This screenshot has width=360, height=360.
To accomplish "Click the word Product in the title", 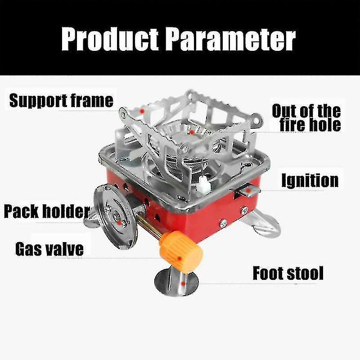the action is click(110, 39).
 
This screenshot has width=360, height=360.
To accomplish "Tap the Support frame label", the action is click(61, 101).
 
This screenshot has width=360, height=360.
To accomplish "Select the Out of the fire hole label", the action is click(306, 118).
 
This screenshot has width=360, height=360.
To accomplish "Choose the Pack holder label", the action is click(47, 211).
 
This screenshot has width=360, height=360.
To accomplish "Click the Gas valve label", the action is click(49, 249).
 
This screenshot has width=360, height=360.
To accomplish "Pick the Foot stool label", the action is click(288, 273).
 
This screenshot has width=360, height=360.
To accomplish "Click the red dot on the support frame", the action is click(142, 111).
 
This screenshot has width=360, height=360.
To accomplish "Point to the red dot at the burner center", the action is click(192, 132).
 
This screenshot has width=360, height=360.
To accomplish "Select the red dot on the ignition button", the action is click(248, 190).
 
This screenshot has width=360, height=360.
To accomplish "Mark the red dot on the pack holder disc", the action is click(119, 223).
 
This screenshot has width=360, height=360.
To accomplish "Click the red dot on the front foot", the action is click(183, 284).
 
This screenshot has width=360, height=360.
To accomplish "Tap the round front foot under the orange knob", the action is click(176, 283).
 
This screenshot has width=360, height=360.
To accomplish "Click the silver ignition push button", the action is click(249, 191).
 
